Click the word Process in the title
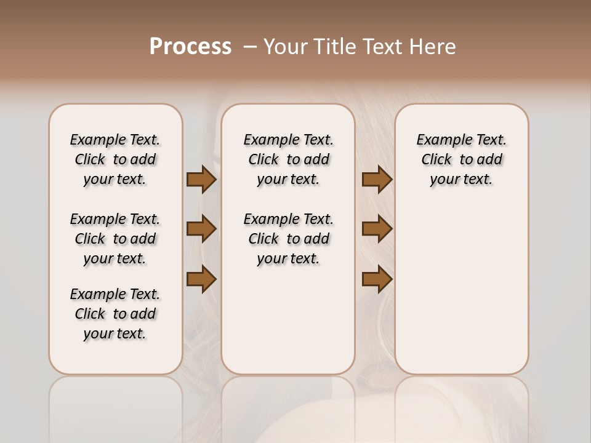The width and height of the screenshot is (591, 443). (190, 47)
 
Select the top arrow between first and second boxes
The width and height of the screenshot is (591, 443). (201, 179)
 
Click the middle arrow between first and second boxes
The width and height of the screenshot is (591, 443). (201, 229)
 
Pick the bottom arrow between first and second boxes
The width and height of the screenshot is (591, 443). (201, 279)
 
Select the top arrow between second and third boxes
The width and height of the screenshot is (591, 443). (377, 179)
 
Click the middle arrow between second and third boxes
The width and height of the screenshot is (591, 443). (377, 229)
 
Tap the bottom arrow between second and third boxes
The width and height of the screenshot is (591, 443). (377, 279)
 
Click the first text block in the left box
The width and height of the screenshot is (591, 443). (115, 159)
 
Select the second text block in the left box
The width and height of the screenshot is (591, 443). (115, 239)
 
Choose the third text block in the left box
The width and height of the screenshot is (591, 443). (115, 314)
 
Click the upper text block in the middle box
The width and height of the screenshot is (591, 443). (288, 159)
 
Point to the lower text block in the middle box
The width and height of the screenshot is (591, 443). (288, 239)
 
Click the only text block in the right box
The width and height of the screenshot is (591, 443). (461, 159)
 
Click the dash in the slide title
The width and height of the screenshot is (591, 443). (250, 47)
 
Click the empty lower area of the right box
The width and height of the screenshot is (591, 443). (461, 295)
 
